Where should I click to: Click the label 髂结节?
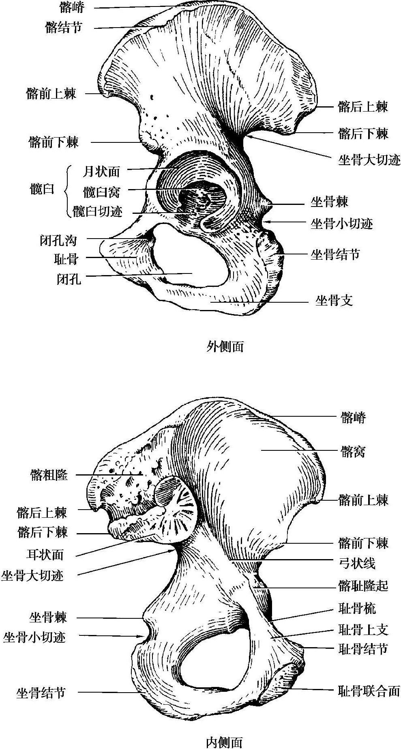point(64,28)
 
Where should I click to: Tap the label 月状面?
point(101,172)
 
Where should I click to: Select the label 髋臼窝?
point(101,192)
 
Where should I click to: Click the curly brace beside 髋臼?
point(67,191)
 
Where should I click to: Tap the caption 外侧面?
point(225,346)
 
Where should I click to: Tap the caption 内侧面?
point(224,742)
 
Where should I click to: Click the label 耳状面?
point(45,554)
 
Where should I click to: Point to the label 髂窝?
point(353,451)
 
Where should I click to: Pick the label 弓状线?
point(357,563)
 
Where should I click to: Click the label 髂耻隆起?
point(363,585)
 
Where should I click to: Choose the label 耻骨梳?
point(357,608)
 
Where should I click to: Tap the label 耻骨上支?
point(363,629)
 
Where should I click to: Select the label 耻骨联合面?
point(369,691)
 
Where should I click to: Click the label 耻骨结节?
point(363,649)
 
